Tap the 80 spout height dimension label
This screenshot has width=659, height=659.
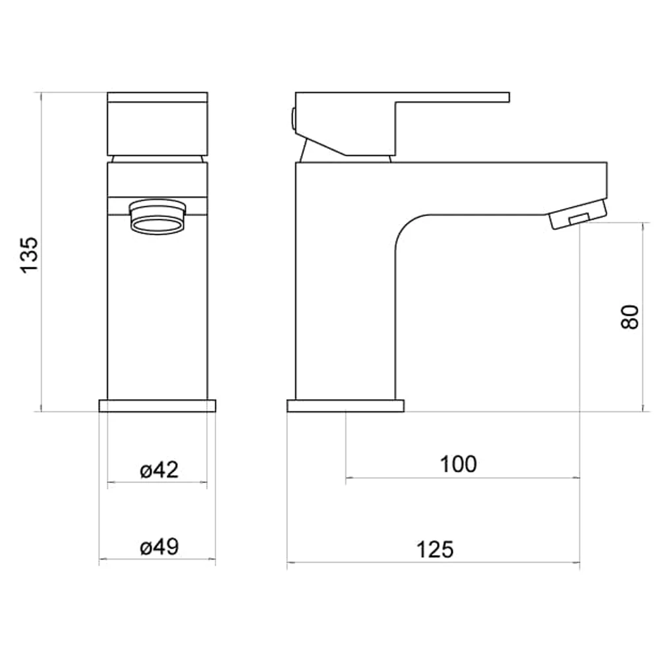(x=630, y=317)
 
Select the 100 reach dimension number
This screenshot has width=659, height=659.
(x=458, y=464)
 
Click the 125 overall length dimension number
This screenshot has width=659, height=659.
(x=436, y=549)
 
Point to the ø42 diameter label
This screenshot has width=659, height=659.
(x=159, y=470)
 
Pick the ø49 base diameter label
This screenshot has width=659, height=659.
(x=159, y=547)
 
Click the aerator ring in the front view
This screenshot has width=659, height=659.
(x=156, y=223)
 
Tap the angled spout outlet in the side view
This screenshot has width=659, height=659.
(x=577, y=217)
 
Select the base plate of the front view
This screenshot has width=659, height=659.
(x=158, y=405)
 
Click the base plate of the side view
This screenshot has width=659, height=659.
(x=345, y=405)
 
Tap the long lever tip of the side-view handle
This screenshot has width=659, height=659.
(x=488, y=98)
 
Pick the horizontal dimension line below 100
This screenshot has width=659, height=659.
(x=461, y=478)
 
